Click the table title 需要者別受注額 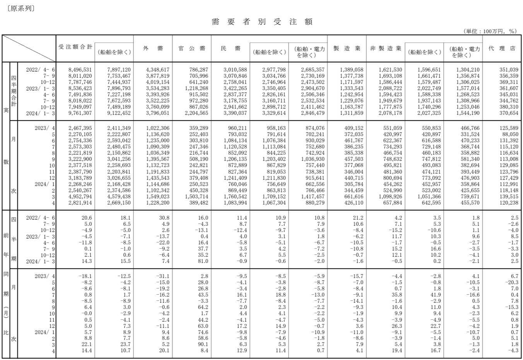262,22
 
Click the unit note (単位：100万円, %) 489,31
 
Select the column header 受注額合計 75,47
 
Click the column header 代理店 502,48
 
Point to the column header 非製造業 385,48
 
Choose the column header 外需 153,48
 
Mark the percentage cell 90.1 202,345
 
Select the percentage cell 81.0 202,261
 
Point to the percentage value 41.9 435,295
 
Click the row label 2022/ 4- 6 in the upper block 41,70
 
